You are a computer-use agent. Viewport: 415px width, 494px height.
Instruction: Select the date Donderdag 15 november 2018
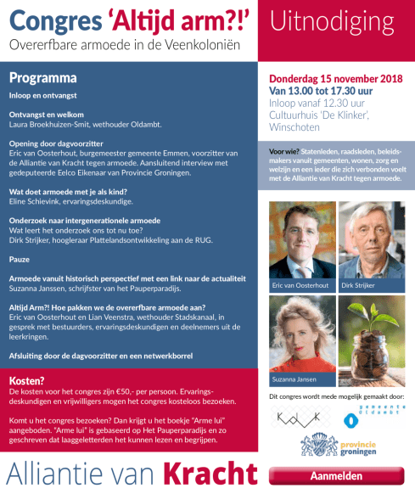(336, 78)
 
